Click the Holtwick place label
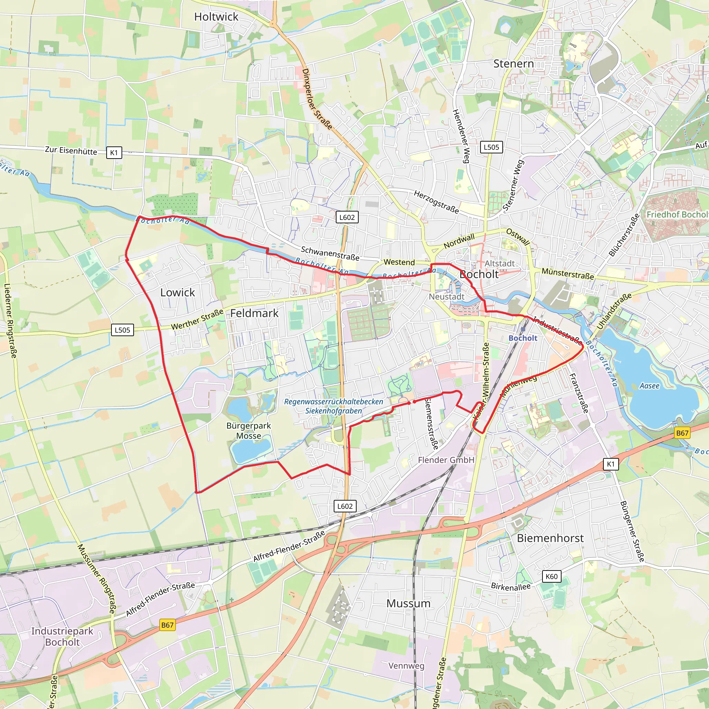coord(216,17)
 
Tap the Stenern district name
coord(513,64)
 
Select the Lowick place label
coord(178,293)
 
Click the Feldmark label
coord(254,313)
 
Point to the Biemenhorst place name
coord(550,538)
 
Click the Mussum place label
coord(408,603)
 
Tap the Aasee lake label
coord(649,386)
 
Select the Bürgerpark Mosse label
coord(249,430)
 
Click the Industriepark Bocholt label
coord(62,636)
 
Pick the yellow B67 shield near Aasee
coord(682,433)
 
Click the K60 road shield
coord(551,576)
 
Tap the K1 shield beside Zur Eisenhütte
coord(114,153)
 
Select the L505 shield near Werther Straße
coord(122,330)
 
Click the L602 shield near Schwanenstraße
coord(347,217)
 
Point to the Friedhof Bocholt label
coord(677,214)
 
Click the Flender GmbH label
coord(446,460)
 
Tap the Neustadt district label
coord(446,297)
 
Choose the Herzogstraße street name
coord(436,202)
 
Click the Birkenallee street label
coord(511,586)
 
